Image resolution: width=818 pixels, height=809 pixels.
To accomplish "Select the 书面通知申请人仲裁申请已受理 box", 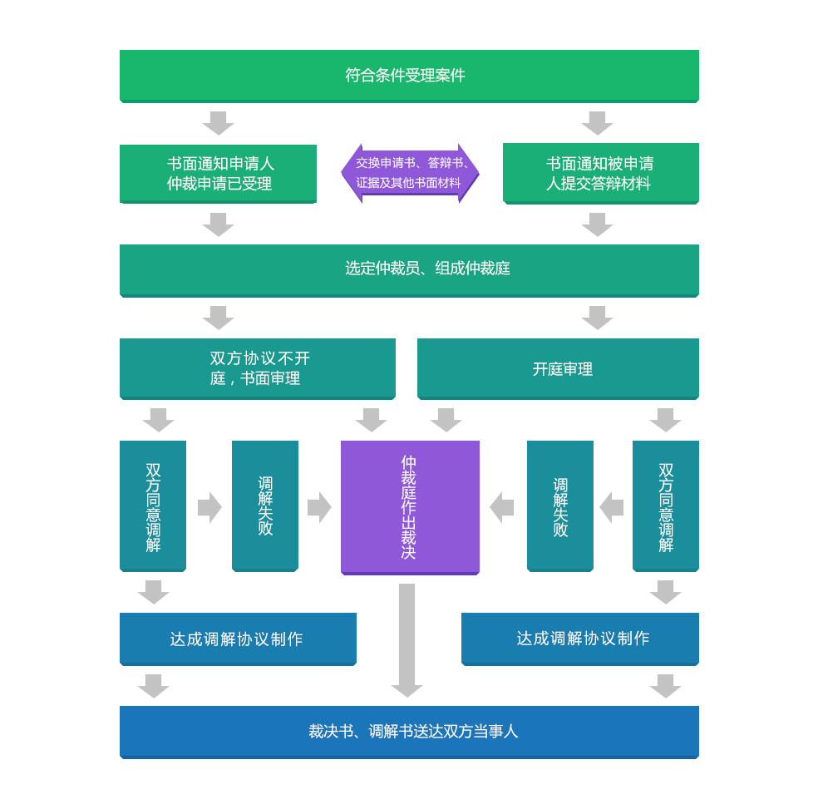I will pyautogui.click(x=219, y=173).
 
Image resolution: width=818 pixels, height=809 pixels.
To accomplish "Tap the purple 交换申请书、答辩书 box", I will pyautogui.click(x=410, y=173).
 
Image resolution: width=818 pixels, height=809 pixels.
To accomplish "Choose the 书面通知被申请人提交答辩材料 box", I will pyautogui.click(x=600, y=173).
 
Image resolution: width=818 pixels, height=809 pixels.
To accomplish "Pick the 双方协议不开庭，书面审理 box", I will pyautogui.click(x=259, y=368).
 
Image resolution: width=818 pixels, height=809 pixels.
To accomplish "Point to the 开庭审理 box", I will pyautogui.click(x=558, y=368).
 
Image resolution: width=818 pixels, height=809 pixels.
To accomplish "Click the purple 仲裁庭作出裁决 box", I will pyautogui.click(x=410, y=506).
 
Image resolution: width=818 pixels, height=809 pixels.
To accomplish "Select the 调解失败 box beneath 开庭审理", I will pyautogui.click(x=560, y=506).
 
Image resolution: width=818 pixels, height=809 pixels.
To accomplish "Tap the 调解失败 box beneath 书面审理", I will pyautogui.click(x=264, y=506).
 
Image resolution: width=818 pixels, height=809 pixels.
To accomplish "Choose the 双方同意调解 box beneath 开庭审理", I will pyautogui.click(x=665, y=506).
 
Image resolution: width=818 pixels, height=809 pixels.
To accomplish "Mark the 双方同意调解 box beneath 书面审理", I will pyautogui.click(x=153, y=506).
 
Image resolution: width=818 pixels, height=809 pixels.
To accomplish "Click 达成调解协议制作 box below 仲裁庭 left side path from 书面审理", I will pyautogui.click(x=239, y=639).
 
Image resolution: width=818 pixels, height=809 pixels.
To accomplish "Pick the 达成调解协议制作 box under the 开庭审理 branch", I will pyautogui.click(x=579, y=639).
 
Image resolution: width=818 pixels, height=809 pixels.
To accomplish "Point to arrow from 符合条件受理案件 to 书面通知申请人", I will pyautogui.click(x=219, y=126).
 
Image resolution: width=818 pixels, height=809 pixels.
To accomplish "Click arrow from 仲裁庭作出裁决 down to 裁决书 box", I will pyautogui.click(x=407, y=640).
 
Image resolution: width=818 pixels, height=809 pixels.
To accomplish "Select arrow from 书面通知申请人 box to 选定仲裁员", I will pyautogui.click(x=219, y=223).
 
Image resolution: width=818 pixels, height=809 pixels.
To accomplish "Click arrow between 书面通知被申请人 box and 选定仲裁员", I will pyautogui.click(x=598, y=222).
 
